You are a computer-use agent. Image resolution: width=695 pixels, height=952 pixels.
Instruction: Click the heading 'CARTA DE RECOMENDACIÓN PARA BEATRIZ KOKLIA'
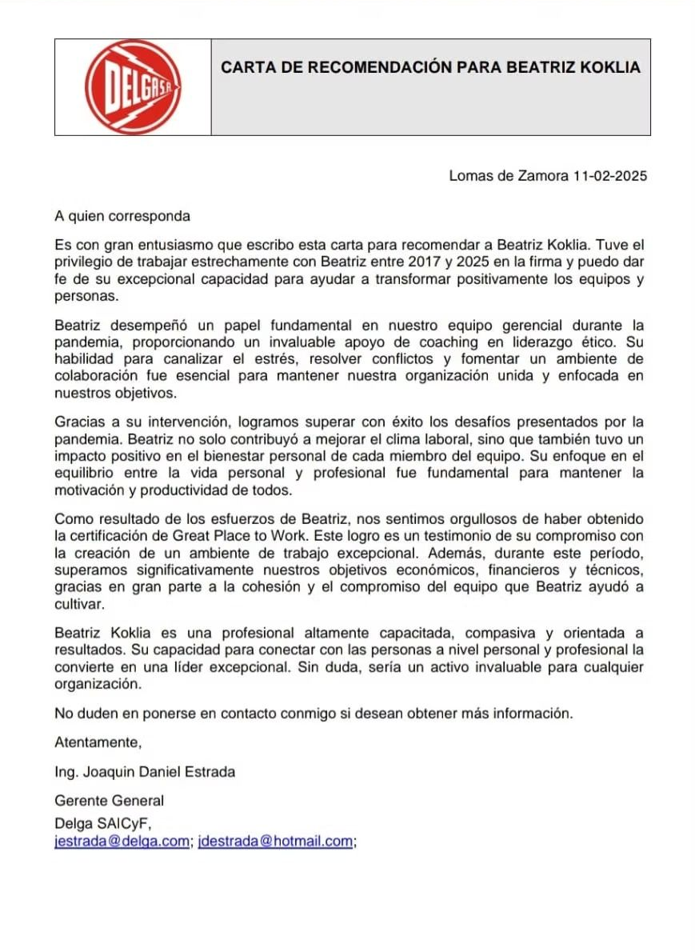(x=430, y=68)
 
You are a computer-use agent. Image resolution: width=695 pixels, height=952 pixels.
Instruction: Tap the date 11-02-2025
(x=610, y=176)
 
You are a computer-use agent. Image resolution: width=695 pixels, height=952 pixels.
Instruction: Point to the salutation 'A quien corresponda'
(x=122, y=216)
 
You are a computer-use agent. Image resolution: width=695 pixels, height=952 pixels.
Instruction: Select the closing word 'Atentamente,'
(x=98, y=742)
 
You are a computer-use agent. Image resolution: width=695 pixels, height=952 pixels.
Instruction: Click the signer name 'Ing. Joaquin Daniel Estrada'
(x=145, y=772)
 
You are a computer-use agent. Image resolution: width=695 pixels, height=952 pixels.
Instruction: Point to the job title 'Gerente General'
(x=109, y=801)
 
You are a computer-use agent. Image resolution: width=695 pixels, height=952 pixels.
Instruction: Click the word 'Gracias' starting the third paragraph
(x=78, y=422)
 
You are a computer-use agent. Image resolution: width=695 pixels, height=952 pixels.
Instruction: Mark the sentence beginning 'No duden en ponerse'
(x=314, y=713)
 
